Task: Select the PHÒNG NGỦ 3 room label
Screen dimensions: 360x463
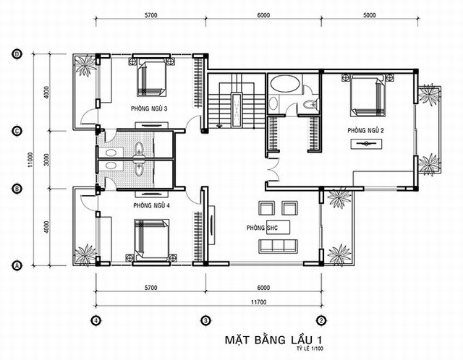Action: pyautogui.click(x=150, y=108)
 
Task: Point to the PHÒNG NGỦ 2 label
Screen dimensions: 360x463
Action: pyautogui.click(x=365, y=130)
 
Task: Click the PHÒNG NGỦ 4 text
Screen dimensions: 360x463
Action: pyautogui.click(x=151, y=206)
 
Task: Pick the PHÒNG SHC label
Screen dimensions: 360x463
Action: pyautogui.click(x=261, y=227)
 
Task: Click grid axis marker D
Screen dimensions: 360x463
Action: pyautogui.click(x=17, y=53)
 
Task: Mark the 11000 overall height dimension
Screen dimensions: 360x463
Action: pyautogui.click(x=31, y=159)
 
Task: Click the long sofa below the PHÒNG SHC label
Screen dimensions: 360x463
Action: pyautogui.click(x=278, y=247)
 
